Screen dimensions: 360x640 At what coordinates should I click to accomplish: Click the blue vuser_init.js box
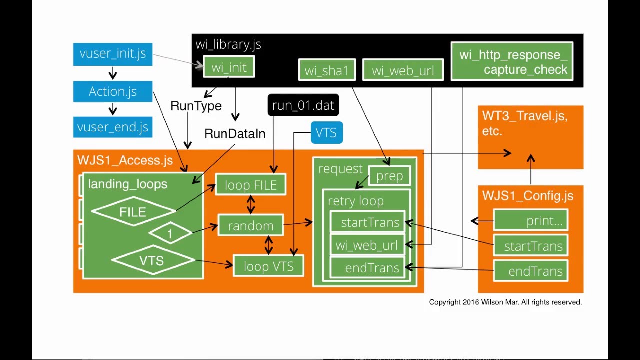point(112,54)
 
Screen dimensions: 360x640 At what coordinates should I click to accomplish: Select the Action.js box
point(112,92)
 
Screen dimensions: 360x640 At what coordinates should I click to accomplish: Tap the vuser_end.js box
point(112,127)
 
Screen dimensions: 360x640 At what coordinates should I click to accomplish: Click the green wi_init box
point(229,67)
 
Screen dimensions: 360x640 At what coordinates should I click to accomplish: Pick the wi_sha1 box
point(326,70)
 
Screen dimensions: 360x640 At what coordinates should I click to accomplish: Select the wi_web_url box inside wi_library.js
point(402,70)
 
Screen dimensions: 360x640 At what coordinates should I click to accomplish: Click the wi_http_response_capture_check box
point(512,62)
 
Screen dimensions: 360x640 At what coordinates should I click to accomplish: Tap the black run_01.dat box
point(303,106)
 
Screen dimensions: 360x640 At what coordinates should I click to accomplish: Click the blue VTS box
point(326,133)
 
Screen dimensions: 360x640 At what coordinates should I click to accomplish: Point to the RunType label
point(196,106)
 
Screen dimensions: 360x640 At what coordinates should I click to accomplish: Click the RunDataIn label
point(235,134)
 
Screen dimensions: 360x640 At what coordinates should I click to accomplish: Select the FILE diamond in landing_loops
point(133,212)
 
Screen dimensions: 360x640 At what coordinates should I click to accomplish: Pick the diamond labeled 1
point(170,233)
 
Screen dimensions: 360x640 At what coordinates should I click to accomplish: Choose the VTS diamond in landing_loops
point(152,260)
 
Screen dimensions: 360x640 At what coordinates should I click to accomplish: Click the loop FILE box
point(250,185)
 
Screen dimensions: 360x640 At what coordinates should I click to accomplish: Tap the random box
point(250,226)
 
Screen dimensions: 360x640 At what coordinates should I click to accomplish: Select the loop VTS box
point(268,266)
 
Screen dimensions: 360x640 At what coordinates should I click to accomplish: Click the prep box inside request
point(389,176)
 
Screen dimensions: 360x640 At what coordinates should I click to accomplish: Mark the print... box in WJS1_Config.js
point(530,221)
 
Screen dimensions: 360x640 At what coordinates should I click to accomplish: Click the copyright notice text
point(505,302)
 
